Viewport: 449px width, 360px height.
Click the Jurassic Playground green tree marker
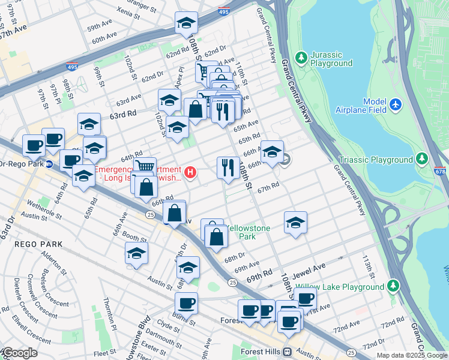300,58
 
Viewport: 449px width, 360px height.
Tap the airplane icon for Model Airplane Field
395,105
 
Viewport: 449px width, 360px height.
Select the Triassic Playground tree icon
423,160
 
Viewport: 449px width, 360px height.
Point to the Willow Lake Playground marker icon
393,285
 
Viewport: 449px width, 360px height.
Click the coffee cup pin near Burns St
187,303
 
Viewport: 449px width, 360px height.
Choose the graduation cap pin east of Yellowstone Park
295,223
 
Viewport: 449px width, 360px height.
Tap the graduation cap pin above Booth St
136,253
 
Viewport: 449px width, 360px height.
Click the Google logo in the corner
19,353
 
